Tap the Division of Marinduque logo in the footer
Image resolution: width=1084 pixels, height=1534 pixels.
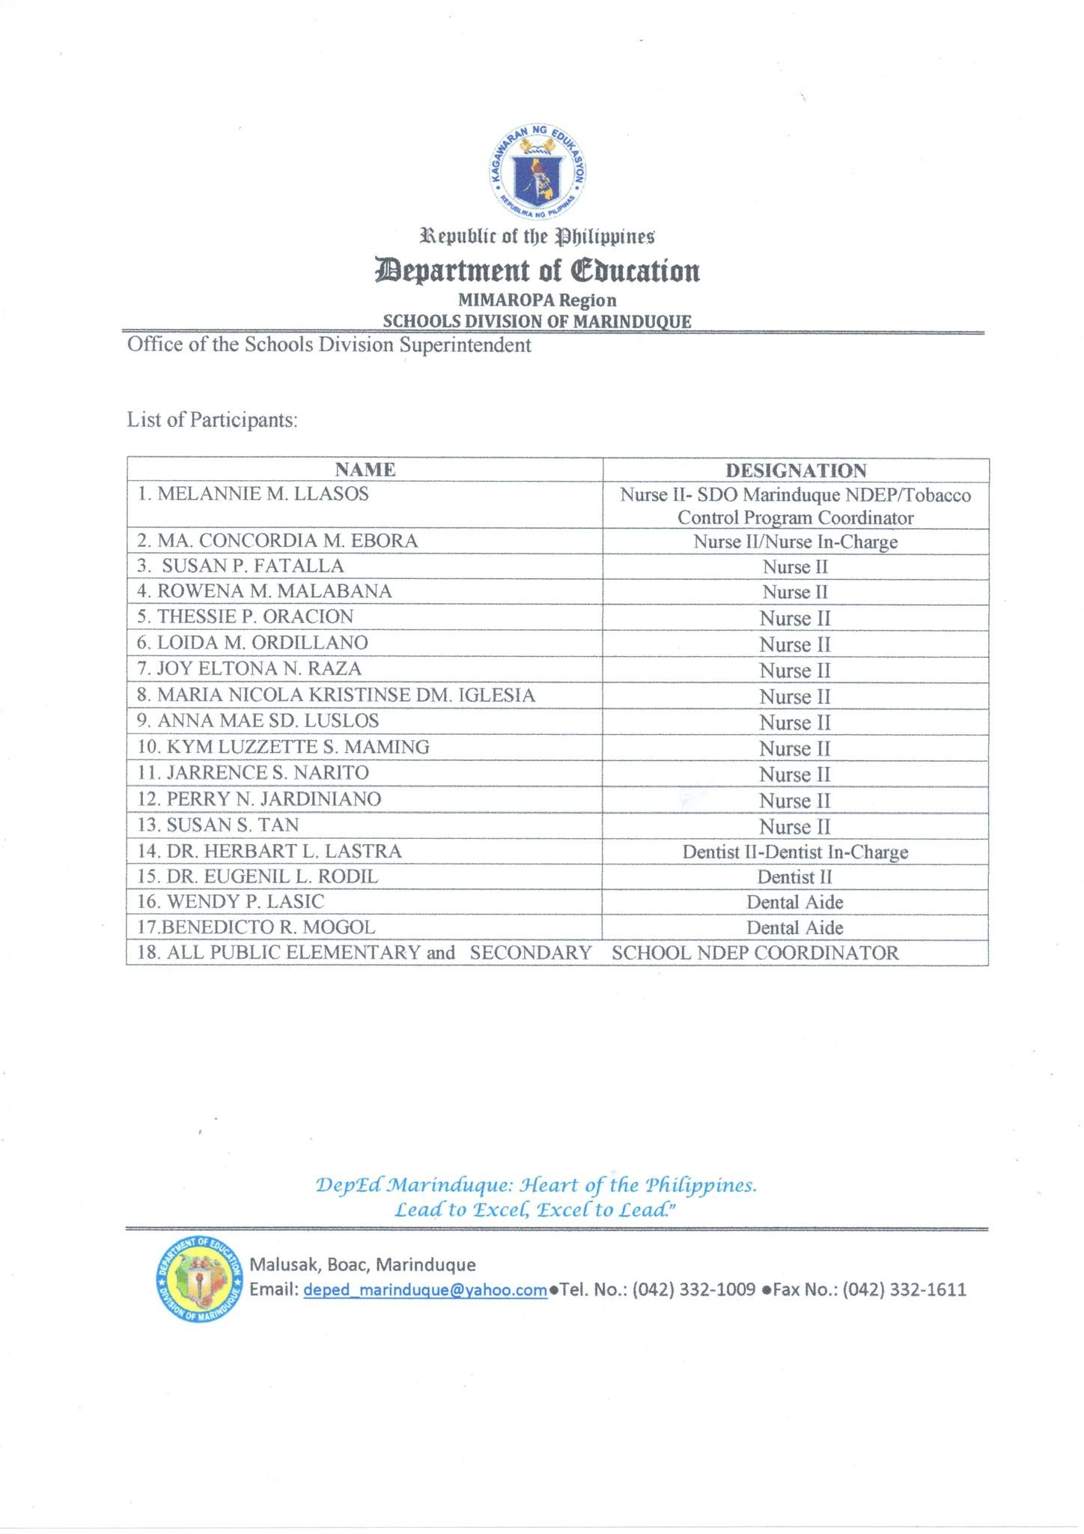199,1279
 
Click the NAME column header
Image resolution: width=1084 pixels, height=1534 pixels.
365,470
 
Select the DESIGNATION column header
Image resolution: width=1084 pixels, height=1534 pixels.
796,470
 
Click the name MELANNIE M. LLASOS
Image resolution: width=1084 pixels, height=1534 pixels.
263,494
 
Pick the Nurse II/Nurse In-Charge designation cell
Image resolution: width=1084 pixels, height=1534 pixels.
795,542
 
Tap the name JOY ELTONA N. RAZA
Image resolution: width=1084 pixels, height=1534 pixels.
259,668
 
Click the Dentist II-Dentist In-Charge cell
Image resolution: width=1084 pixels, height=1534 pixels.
795,852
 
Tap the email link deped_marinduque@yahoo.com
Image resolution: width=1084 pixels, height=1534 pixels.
424,1290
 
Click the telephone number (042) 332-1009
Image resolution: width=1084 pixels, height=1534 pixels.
694,1290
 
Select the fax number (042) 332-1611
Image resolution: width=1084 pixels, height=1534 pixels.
904,1290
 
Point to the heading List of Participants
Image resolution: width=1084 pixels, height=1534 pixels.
212,419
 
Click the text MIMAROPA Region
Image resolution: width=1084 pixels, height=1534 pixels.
537,300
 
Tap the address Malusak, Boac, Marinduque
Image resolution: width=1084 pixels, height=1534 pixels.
362,1265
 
